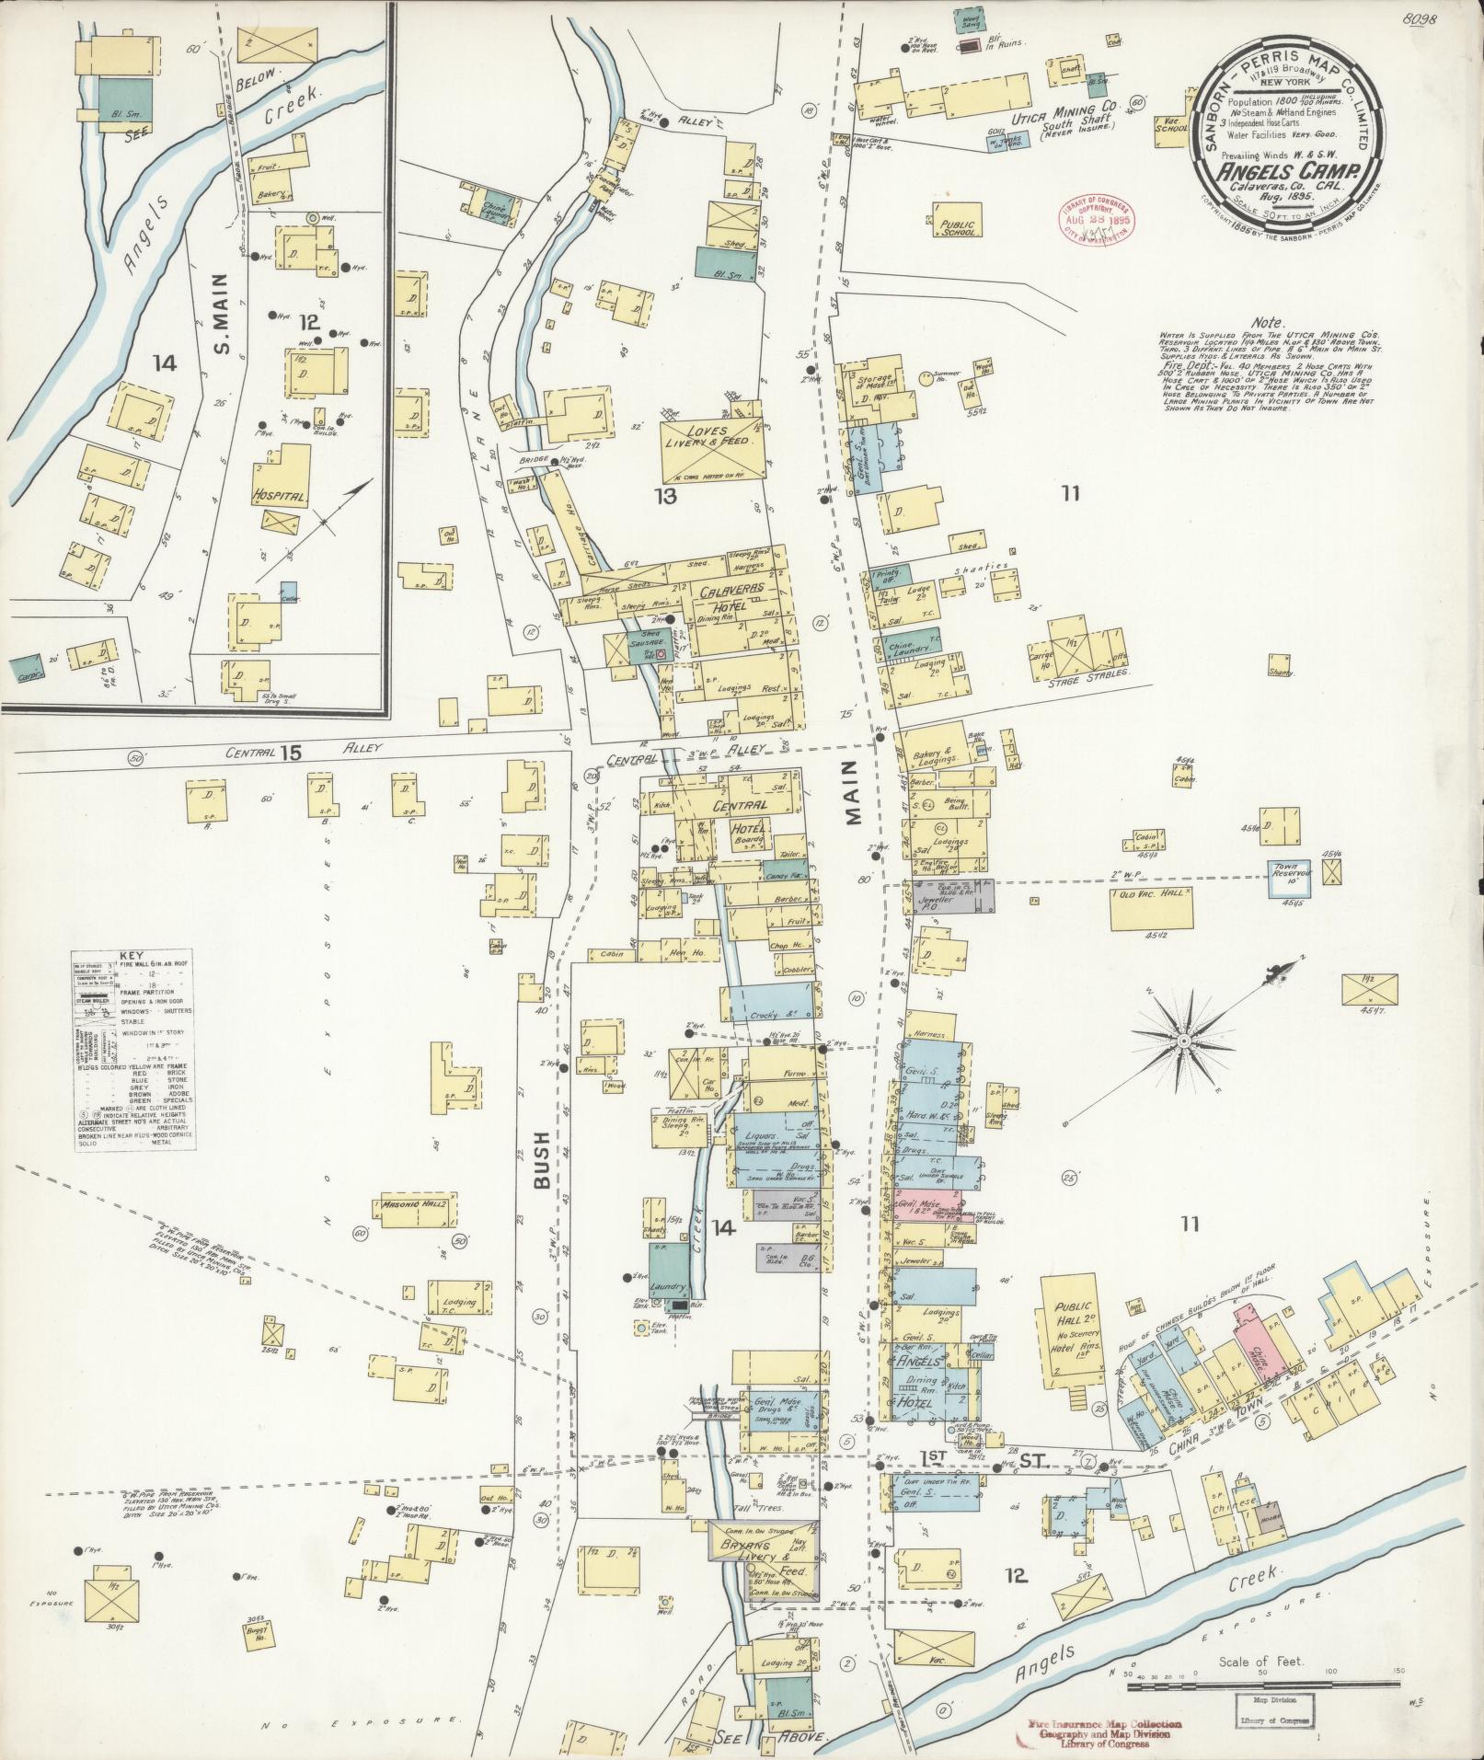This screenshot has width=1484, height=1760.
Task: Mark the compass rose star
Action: (1185, 1040)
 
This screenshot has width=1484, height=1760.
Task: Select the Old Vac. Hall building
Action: (1152, 906)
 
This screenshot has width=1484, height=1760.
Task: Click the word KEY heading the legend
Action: (132, 955)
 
